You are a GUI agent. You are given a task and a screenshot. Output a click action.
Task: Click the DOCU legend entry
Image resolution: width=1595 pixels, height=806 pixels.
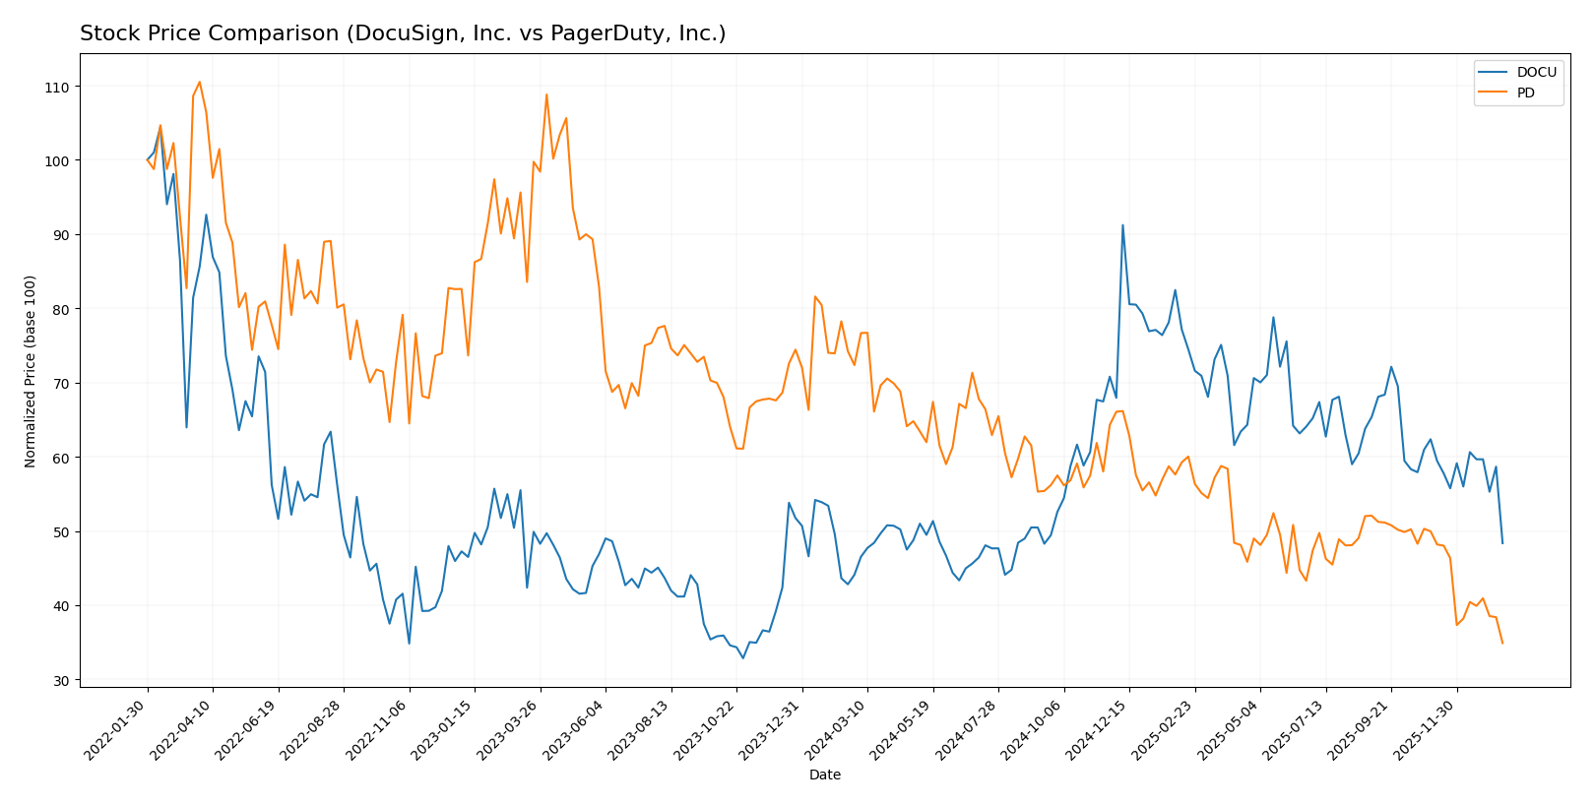(x=1536, y=72)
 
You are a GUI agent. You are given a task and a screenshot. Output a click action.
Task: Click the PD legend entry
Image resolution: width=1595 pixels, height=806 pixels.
(x=1525, y=93)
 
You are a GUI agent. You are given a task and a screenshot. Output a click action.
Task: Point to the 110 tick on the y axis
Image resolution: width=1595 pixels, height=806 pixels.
(x=57, y=87)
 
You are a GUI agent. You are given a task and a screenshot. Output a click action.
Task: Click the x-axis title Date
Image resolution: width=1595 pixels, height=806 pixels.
(x=825, y=775)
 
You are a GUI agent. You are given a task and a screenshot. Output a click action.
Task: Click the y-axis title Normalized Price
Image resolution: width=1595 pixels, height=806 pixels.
(x=31, y=371)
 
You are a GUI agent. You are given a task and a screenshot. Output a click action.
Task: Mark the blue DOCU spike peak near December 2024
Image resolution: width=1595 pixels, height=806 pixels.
(x=1122, y=225)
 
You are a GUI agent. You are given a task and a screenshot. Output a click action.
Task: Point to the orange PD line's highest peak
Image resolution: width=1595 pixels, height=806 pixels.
(x=199, y=82)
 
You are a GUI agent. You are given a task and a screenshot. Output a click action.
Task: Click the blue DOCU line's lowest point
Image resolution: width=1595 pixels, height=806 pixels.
(x=743, y=657)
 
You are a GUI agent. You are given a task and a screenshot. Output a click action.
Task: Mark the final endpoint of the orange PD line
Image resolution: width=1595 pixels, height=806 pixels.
(x=1502, y=643)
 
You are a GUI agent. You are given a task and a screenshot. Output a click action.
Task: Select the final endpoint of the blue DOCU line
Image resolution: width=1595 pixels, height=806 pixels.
(x=1502, y=543)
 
